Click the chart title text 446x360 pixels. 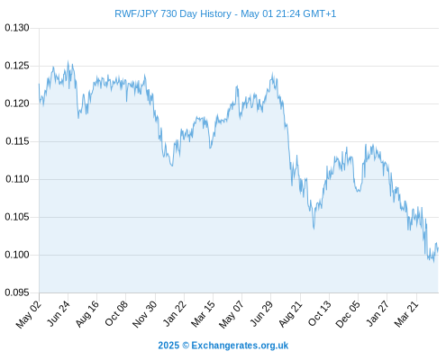pyautogui.click(x=225, y=13)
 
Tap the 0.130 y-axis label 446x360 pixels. pyautogui.click(x=17, y=28)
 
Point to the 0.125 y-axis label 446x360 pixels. pyautogui.click(x=17, y=66)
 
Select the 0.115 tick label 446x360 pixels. pyautogui.click(x=17, y=141)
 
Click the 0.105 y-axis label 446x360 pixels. pyautogui.click(x=17, y=217)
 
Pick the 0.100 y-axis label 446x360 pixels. pyautogui.click(x=17, y=255)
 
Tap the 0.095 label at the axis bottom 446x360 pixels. pyautogui.click(x=17, y=292)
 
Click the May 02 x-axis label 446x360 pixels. pyautogui.click(x=28, y=314)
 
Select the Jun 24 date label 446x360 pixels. pyautogui.click(x=59, y=313)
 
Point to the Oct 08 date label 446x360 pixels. pyautogui.click(x=116, y=313)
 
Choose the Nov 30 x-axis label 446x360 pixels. pyautogui.click(x=145, y=314)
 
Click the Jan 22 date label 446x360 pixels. pyautogui.click(x=174, y=313)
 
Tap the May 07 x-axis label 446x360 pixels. pyautogui.click(x=231, y=314)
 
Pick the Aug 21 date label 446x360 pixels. pyautogui.click(x=290, y=313)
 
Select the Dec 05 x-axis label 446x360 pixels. pyautogui.click(x=348, y=314)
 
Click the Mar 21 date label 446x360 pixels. pyautogui.click(x=406, y=313)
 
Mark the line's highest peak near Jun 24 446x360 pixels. pyautogui.click(x=68, y=61)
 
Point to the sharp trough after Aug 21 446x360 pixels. pyautogui.click(x=314, y=229)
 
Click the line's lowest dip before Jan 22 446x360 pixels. pyautogui.click(x=172, y=166)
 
